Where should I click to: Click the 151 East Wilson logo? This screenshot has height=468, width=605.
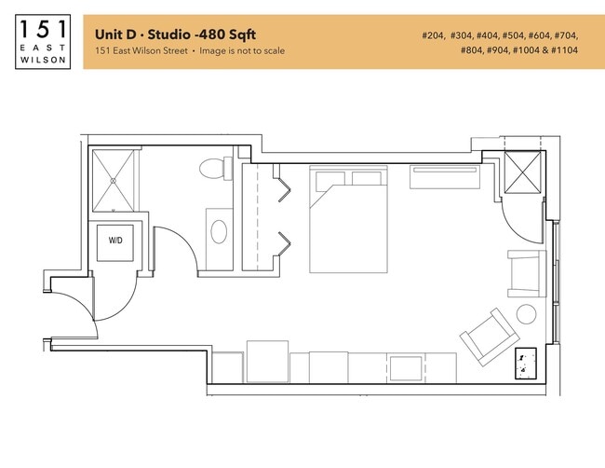point(43,42)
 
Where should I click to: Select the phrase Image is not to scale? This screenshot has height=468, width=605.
point(247,50)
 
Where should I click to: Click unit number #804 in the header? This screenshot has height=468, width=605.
point(474,50)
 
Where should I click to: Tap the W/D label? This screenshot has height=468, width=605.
point(116,241)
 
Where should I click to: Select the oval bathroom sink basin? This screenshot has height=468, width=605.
point(221,230)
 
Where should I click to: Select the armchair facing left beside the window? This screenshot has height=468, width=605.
point(525,270)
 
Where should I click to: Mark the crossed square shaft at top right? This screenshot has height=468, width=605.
point(522,172)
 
